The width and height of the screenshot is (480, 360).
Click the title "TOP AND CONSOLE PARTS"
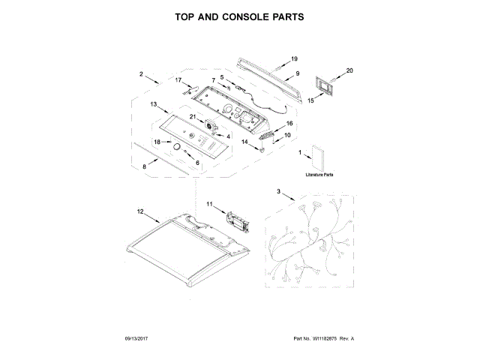click(239, 15)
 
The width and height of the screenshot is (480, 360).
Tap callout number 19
click(295, 58)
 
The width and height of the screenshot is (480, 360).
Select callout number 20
click(348, 70)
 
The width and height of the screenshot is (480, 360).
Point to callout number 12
click(139, 211)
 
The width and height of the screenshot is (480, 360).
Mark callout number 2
click(140, 73)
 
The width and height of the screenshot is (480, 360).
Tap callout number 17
click(178, 79)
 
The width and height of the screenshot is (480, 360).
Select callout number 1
click(301, 154)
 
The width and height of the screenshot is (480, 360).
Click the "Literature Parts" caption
click(319, 174)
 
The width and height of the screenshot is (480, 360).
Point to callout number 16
click(289, 123)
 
